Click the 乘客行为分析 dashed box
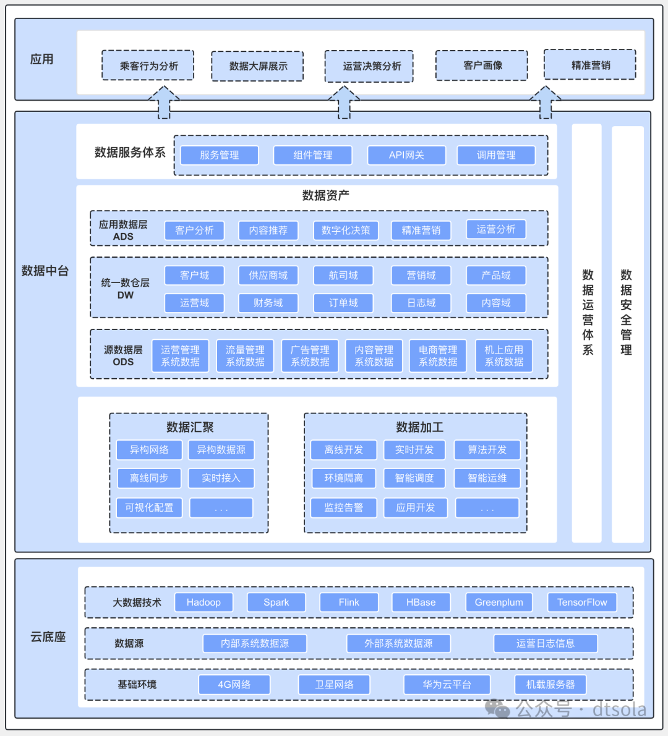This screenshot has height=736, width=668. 148,66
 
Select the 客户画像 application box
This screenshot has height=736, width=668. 482,66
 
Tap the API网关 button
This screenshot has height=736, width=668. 406,155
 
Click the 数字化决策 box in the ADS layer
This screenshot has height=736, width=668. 346,231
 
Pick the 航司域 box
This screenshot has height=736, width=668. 343,276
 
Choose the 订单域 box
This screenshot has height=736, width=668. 343,303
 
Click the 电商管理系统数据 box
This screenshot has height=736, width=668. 438,356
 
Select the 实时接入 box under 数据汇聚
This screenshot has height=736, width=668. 221,478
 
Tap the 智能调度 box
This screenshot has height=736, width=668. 414,478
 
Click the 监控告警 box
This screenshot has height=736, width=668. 343,507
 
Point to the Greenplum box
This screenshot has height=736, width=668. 499,602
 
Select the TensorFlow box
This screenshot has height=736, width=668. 582,602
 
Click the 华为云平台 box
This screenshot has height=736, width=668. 447,684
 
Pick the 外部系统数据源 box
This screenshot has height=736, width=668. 398,643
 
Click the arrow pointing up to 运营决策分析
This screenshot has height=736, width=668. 344,103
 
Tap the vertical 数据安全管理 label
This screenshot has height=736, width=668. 627,312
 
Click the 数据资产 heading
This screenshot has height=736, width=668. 325,196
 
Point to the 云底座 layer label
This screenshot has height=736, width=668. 48,637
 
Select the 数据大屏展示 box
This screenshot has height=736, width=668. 258,66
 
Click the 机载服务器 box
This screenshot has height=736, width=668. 550,684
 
